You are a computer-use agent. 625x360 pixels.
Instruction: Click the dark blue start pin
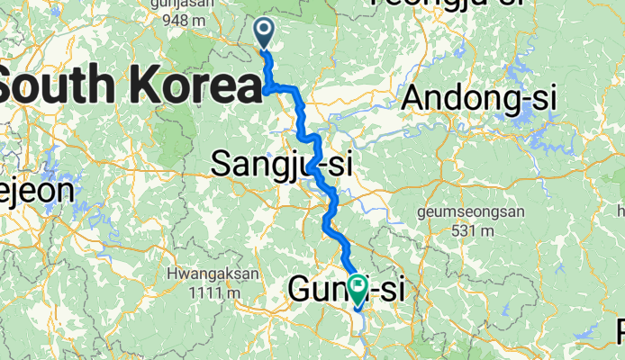click(265, 32)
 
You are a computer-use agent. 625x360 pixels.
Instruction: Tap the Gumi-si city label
click(346, 290)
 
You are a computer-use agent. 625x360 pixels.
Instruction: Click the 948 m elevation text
click(200, 19)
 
